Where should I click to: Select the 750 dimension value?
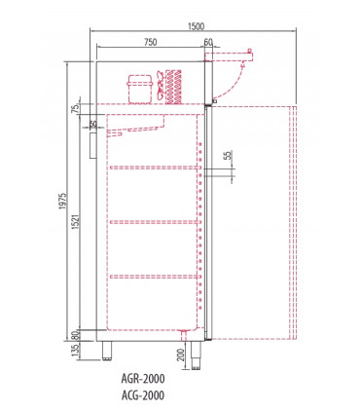(x=151, y=42)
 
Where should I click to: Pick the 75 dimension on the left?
(x=77, y=109)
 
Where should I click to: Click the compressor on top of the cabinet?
(x=136, y=87)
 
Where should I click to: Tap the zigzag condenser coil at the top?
(x=177, y=86)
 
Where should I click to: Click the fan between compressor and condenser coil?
(x=159, y=89)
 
